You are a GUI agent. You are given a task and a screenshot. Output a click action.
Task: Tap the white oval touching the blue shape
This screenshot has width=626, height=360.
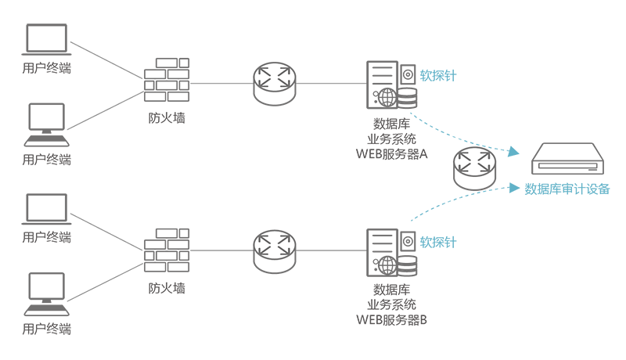[476, 161]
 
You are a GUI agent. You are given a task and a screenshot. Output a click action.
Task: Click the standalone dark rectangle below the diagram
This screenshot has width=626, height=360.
[391, 304]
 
